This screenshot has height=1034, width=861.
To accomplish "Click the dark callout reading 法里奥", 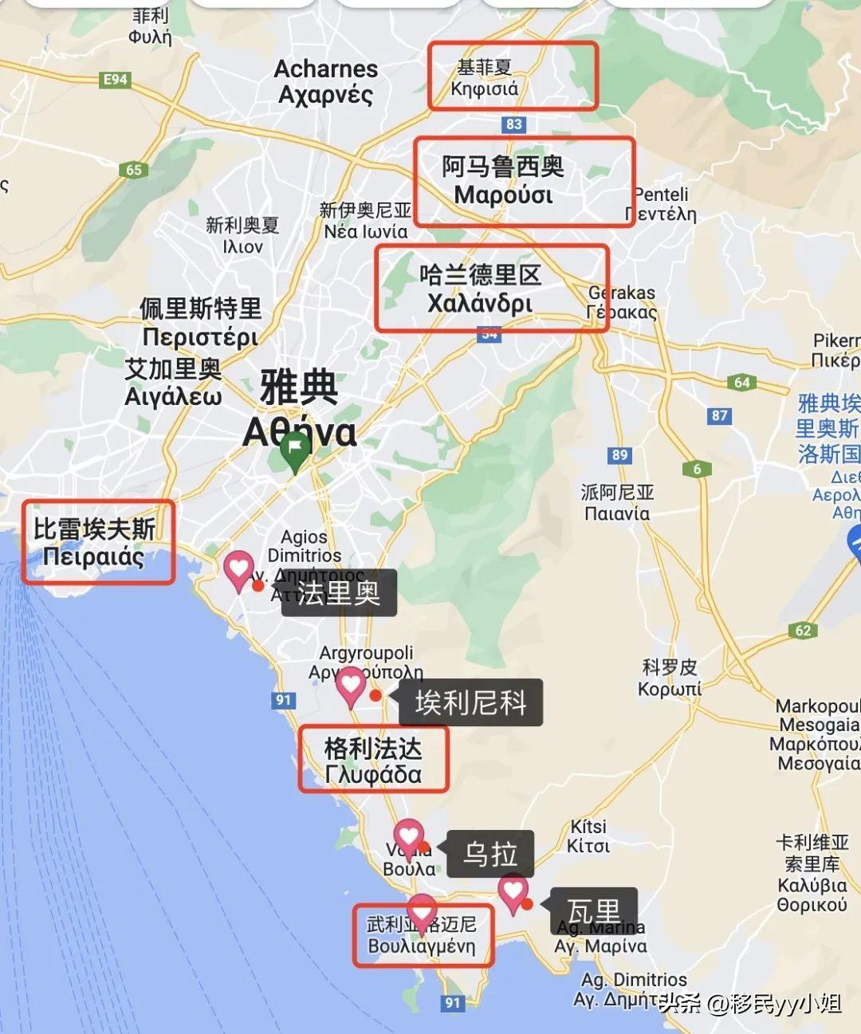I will point(339,592).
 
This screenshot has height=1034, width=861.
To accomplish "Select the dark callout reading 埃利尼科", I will point(470,702).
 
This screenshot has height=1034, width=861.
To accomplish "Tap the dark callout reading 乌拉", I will point(490,854).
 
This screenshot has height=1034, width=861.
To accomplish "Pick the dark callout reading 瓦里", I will point(593,910).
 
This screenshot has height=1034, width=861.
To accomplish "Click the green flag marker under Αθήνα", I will point(295,451).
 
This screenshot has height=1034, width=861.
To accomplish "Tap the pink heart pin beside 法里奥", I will point(238,569).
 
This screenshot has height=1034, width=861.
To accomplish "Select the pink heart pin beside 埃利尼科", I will point(350,685).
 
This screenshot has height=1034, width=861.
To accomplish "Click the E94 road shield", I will point(116,80).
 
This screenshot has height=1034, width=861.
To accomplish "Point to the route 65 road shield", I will point(134,170).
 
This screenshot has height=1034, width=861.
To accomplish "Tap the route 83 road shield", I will point(513,124).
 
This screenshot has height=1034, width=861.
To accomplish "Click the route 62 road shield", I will point(803,631).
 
